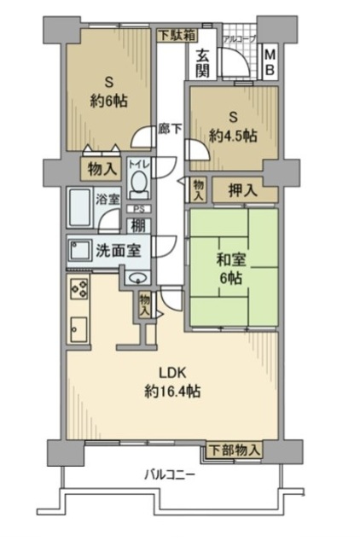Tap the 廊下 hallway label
171,131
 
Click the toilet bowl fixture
138,182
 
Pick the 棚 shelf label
136,226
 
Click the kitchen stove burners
78,290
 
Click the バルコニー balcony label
170,474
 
